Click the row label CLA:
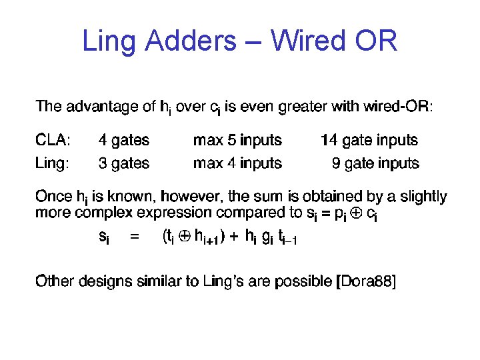coord(53,141)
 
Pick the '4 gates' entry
coord(124,141)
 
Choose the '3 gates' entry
coord(124,163)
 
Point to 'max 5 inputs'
coord(237,141)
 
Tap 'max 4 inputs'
coord(237,163)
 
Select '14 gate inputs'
coord(369,141)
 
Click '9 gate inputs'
coord(376,163)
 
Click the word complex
coord(103,213)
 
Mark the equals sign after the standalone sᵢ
coord(134,237)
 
